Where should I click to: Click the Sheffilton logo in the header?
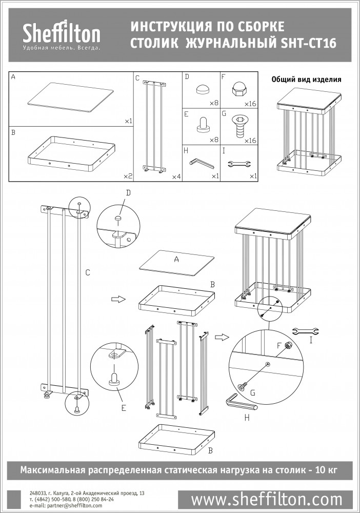click(62, 35)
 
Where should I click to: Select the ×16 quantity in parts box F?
click(250, 104)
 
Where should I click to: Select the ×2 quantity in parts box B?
click(128, 176)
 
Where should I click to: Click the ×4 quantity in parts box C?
click(176, 176)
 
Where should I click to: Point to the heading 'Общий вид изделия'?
click(306, 80)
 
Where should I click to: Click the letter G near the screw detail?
click(253, 392)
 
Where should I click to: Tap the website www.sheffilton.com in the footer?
click(266, 499)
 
